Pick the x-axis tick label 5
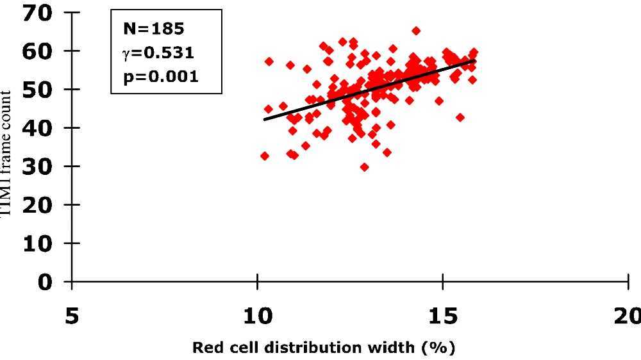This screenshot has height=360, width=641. point(72,316)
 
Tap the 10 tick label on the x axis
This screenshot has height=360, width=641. point(257,316)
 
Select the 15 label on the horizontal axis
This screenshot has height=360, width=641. point(442,316)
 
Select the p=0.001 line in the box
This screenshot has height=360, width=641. point(160,76)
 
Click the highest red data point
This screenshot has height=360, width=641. point(416,31)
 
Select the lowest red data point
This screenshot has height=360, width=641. point(364,167)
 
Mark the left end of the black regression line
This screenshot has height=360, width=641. point(264,120)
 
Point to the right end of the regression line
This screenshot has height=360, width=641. point(474,60)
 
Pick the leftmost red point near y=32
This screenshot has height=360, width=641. point(264,156)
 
